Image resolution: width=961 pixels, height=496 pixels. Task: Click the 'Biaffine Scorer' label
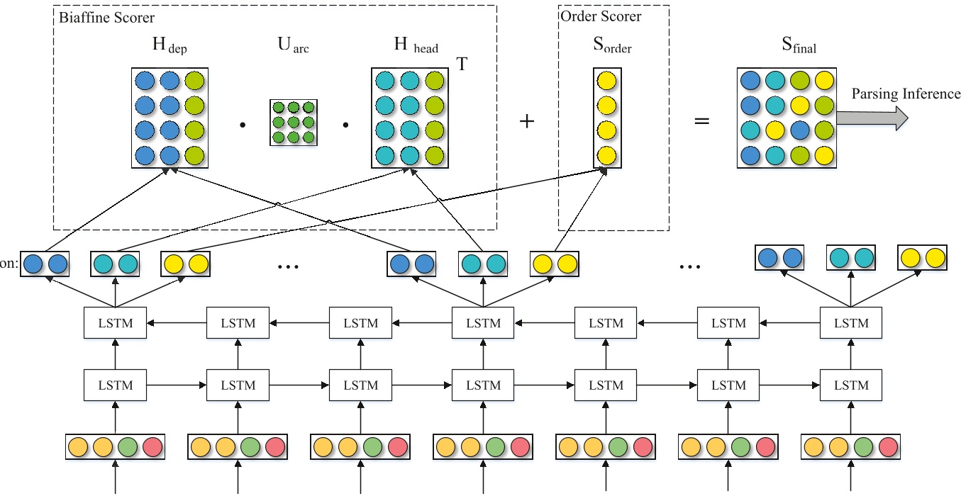tap(106, 16)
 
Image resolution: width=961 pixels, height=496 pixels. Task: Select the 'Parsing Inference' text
tap(906, 94)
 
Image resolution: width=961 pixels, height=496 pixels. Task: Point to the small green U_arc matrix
tap(292, 122)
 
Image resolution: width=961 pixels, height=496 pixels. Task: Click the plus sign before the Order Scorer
tap(526, 122)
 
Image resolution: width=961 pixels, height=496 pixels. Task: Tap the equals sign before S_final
tap(701, 122)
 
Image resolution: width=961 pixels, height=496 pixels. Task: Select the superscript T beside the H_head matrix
tap(462, 64)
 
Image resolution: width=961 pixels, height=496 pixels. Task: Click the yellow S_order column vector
tap(607, 118)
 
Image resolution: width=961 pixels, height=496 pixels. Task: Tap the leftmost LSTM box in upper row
tap(114, 323)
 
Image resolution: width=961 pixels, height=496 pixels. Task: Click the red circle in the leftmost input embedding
tap(152, 447)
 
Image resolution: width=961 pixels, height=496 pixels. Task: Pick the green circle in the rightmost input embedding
tap(863, 447)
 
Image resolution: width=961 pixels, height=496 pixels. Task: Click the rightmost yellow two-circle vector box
tap(921, 257)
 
